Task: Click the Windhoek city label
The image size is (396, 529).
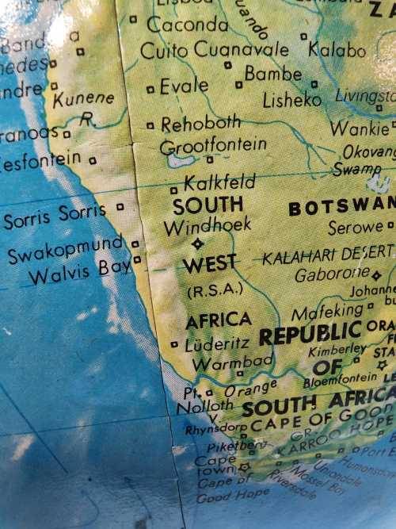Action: (207, 226)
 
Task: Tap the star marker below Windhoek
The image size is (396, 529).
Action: (197, 243)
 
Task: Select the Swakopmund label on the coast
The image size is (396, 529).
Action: (66, 249)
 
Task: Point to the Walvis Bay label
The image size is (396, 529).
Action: (80, 271)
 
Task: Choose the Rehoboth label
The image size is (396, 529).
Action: (201, 124)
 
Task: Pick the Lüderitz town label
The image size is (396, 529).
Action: (217, 344)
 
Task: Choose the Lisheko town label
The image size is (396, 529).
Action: (292, 101)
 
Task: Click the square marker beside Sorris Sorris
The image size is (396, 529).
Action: (120, 208)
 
